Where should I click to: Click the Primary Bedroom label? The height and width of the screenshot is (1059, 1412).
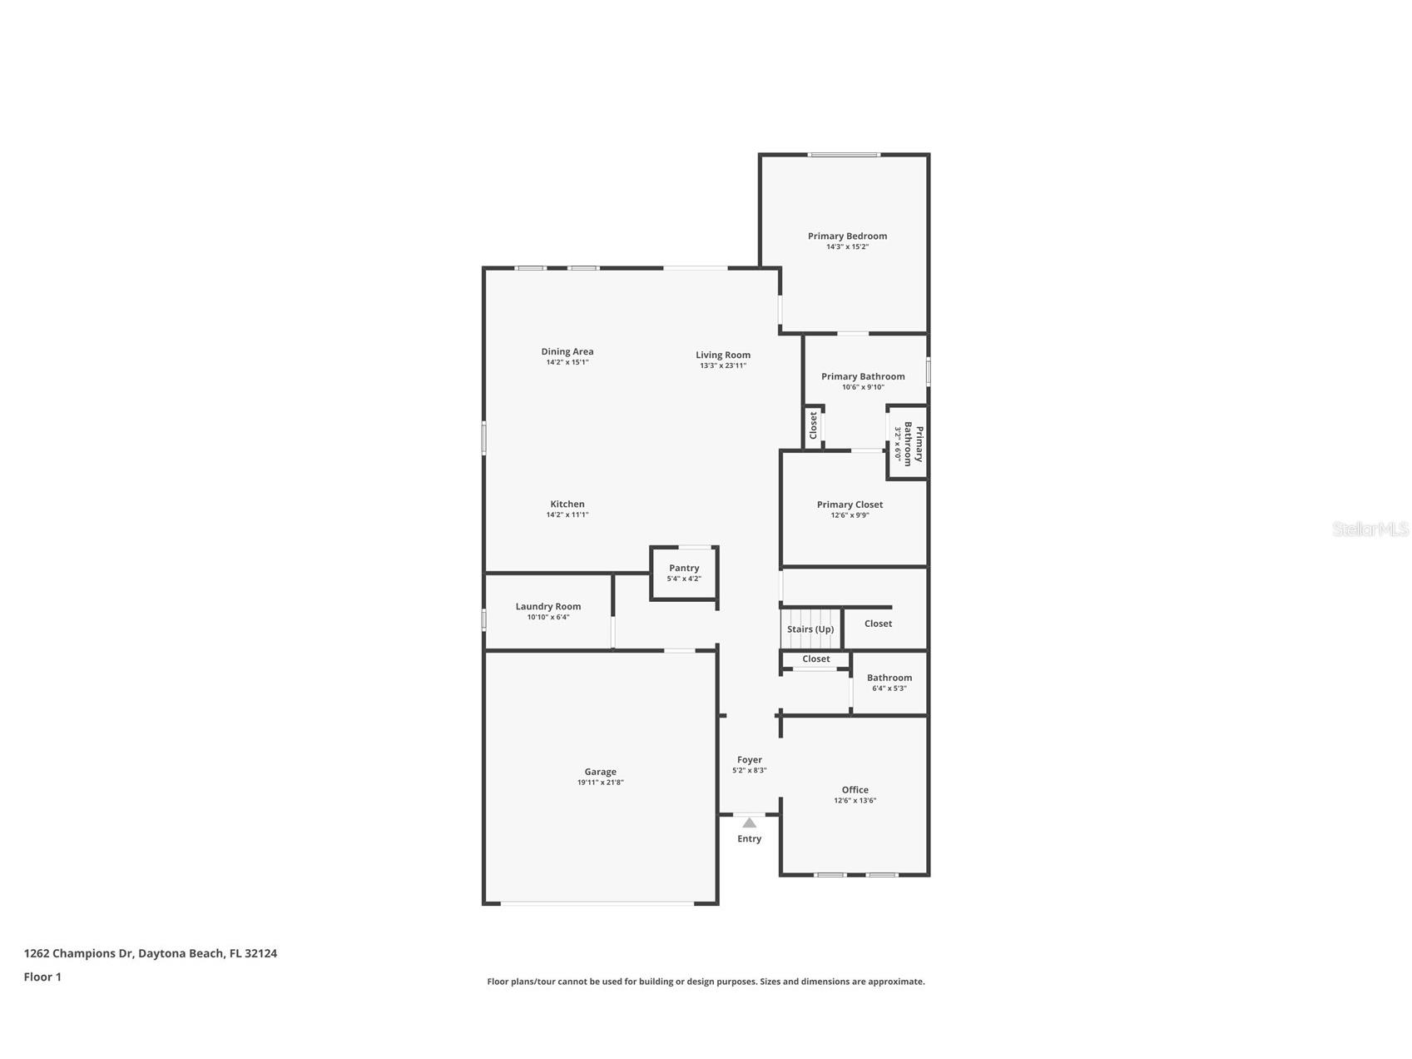pyautogui.click(x=847, y=236)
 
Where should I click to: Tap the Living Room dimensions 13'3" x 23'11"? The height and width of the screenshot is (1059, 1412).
pyautogui.click(x=723, y=365)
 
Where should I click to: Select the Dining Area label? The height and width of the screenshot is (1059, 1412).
pyautogui.click(x=567, y=351)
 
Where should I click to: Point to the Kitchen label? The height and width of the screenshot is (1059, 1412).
pyautogui.click(x=567, y=504)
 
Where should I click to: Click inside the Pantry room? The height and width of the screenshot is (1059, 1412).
pyautogui.click(x=684, y=573)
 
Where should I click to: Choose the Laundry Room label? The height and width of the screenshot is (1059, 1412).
pyautogui.click(x=548, y=607)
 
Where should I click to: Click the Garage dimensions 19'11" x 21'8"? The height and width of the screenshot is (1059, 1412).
pyautogui.click(x=601, y=783)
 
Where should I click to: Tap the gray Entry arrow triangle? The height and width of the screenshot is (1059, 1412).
pyautogui.click(x=750, y=823)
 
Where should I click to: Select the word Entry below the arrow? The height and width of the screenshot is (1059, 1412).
pyautogui.click(x=750, y=838)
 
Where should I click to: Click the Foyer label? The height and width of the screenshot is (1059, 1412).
pyautogui.click(x=750, y=759)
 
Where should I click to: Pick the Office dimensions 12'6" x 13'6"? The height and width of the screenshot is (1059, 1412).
pyautogui.click(x=855, y=801)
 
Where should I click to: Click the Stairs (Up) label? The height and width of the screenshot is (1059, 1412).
pyautogui.click(x=810, y=629)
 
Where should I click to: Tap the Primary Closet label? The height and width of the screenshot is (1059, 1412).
pyautogui.click(x=850, y=505)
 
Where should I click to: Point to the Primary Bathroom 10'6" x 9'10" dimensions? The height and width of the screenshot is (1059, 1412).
pyautogui.click(x=863, y=387)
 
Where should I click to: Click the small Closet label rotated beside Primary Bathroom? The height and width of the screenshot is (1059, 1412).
pyautogui.click(x=814, y=425)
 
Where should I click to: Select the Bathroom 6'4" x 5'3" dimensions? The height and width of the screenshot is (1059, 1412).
pyautogui.click(x=889, y=689)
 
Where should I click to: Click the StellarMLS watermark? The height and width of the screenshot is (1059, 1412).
pyautogui.click(x=1370, y=529)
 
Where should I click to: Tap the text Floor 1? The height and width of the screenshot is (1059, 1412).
pyautogui.click(x=42, y=977)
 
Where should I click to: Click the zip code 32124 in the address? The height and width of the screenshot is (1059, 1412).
pyautogui.click(x=261, y=953)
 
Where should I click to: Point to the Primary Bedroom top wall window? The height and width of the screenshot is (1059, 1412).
pyautogui.click(x=844, y=155)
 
